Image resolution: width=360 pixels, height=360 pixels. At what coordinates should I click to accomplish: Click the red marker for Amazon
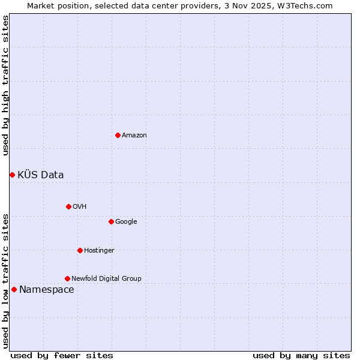(118, 135)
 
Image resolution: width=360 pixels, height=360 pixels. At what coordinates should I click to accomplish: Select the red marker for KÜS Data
(12, 175)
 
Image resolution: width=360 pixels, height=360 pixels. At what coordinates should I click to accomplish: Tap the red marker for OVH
(68, 206)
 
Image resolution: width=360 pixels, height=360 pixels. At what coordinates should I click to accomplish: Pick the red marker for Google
(111, 221)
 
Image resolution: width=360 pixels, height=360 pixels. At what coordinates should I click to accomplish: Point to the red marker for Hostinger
(80, 250)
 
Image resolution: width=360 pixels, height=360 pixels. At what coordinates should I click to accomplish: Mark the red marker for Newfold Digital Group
(67, 278)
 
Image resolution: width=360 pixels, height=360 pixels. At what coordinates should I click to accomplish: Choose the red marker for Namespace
(14, 289)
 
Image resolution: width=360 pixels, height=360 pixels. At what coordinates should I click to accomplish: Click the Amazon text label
(134, 136)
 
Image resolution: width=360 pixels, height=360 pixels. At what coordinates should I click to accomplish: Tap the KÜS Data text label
(41, 175)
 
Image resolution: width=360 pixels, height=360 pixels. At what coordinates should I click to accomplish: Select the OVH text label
(80, 207)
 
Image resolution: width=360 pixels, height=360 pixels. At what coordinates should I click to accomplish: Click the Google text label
(126, 222)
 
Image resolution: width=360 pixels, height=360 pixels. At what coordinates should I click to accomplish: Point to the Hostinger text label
(99, 251)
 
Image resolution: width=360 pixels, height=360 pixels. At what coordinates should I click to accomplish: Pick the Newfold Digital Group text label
(106, 279)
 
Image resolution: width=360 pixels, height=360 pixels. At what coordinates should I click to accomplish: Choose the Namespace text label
(47, 290)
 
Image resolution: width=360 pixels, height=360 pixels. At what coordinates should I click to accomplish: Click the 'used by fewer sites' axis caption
(62, 356)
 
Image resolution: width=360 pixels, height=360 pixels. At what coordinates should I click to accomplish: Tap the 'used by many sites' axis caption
(301, 356)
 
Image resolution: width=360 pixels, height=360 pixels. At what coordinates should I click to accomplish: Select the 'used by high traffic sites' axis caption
(6, 85)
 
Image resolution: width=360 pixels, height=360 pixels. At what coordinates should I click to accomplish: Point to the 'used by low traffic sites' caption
(6, 280)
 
